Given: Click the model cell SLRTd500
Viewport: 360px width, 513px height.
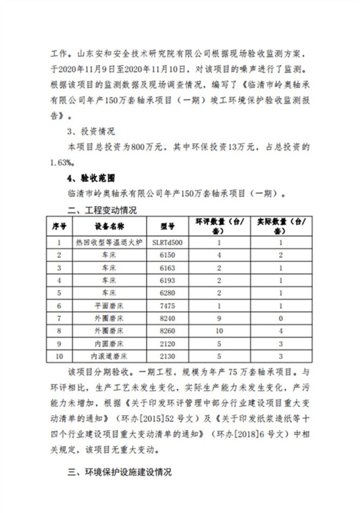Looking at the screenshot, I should (x=168, y=242).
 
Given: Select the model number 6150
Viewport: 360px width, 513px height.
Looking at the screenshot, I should (x=168, y=254).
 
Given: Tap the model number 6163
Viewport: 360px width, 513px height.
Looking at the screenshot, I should (x=168, y=267).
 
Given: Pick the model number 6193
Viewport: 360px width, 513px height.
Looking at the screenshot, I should (x=168, y=280).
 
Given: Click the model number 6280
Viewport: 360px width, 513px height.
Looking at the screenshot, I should (x=168, y=292).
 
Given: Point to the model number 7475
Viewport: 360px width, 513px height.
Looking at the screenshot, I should (x=168, y=305).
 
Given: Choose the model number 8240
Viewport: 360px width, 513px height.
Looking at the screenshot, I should (x=168, y=318).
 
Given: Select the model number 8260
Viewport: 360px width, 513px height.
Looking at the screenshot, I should (x=168, y=331).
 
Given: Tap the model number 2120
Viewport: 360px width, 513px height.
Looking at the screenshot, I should (x=168, y=343).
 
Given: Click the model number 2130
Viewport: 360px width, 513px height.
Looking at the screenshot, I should (x=168, y=356).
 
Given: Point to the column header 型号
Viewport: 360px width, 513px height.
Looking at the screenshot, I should (x=168, y=226).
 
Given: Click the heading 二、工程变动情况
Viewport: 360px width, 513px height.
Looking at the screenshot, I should (x=103, y=210).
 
